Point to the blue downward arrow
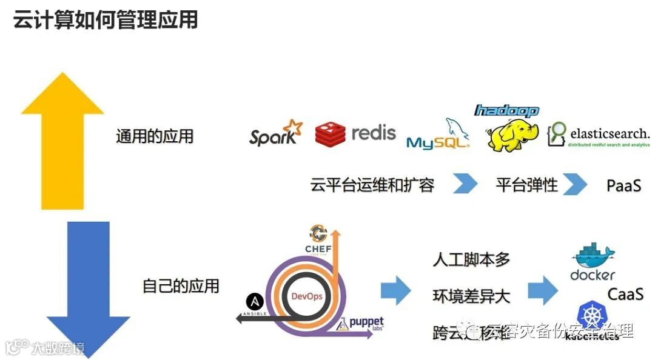[88, 285]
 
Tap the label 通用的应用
[155, 136]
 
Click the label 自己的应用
[181, 285]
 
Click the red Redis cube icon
[330, 134]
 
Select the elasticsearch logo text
[608, 133]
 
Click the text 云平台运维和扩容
[372, 185]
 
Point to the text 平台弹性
[526, 185]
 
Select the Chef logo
[318, 239]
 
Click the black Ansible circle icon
[254, 302]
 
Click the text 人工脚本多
[471, 260]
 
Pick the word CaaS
[625, 294]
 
